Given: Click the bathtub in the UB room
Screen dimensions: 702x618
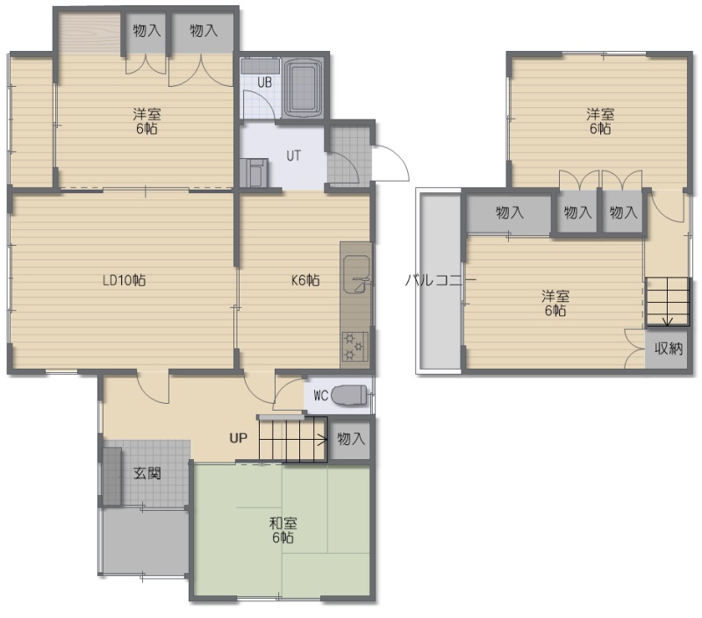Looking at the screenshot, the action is click(304, 87).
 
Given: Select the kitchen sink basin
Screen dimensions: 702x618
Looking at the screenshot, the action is click(356, 274).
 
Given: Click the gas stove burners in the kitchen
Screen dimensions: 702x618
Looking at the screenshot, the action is click(355, 346).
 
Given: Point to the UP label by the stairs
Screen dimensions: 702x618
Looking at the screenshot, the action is click(238, 438).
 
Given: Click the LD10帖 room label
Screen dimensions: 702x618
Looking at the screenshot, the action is click(124, 280).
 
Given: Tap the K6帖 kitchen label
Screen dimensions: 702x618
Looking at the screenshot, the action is click(305, 280).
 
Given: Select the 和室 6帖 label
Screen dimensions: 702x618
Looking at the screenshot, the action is click(283, 530).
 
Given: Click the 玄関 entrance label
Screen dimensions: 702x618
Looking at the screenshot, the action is click(147, 473).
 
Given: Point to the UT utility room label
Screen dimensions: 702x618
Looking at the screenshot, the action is click(293, 156).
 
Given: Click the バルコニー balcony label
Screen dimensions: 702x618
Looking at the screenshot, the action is click(441, 280).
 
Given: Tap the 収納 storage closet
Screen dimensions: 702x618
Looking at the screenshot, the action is click(667, 349).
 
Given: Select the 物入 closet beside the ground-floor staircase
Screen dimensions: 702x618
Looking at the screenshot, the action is click(350, 439).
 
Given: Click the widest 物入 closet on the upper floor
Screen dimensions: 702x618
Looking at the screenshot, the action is click(509, 212).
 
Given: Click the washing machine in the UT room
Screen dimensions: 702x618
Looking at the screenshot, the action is click(254, 172).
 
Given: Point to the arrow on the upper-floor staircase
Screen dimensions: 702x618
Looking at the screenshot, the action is click(668, 302).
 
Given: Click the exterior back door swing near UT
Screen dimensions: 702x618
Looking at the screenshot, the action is click(390, 162).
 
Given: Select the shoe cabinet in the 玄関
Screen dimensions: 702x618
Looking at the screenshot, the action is click(112, 476).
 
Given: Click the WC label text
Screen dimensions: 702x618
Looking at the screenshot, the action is click(321, 395).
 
